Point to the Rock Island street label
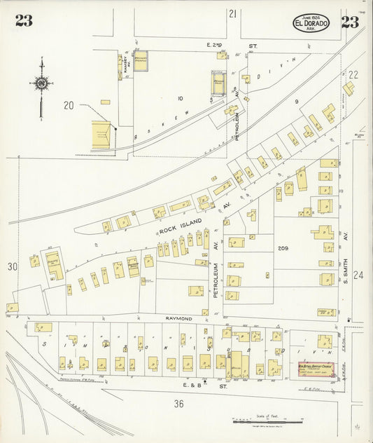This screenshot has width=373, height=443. pyautogui.click(x=180, y=226)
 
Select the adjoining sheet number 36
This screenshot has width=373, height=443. pyautogui.click(x=178, y=403)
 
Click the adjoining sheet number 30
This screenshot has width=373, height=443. pyautogui.click(x=12, y=266)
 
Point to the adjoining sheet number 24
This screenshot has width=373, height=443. pyautogui.click(x=359, y=276)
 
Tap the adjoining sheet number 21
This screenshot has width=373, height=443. pyautogui.click(x=232, y=13)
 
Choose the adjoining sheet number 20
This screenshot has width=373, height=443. pyautogui.click(x=68, y=105)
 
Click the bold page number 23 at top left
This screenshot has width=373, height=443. pyautogui.click(x=23, y=21)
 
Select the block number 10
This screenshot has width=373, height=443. pyautogui.click(x=180, y=98)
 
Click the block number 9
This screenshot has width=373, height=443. pyautogui.click(x=296, y=102)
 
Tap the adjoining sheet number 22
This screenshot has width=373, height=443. pyautogui.click(x=353, y=74)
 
